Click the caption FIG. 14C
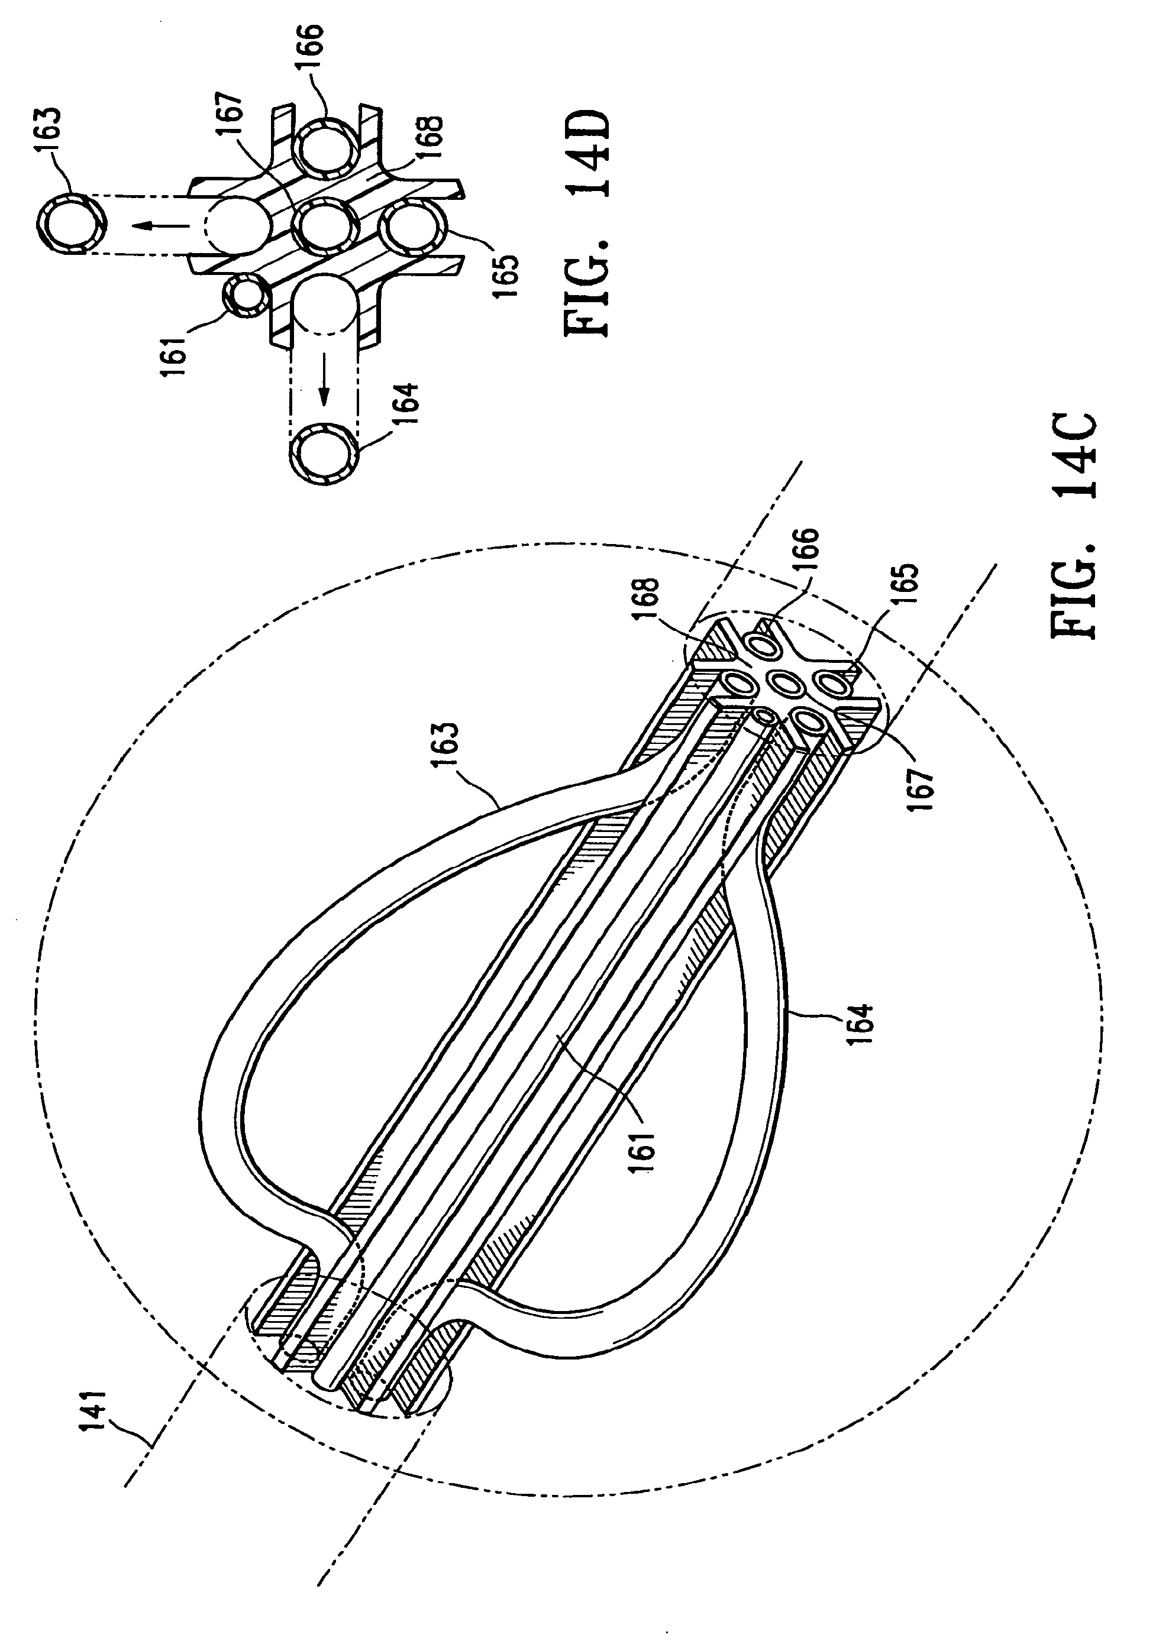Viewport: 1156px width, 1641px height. click(1073, 525)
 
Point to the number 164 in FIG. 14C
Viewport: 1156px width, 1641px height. click(863, 1024)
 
